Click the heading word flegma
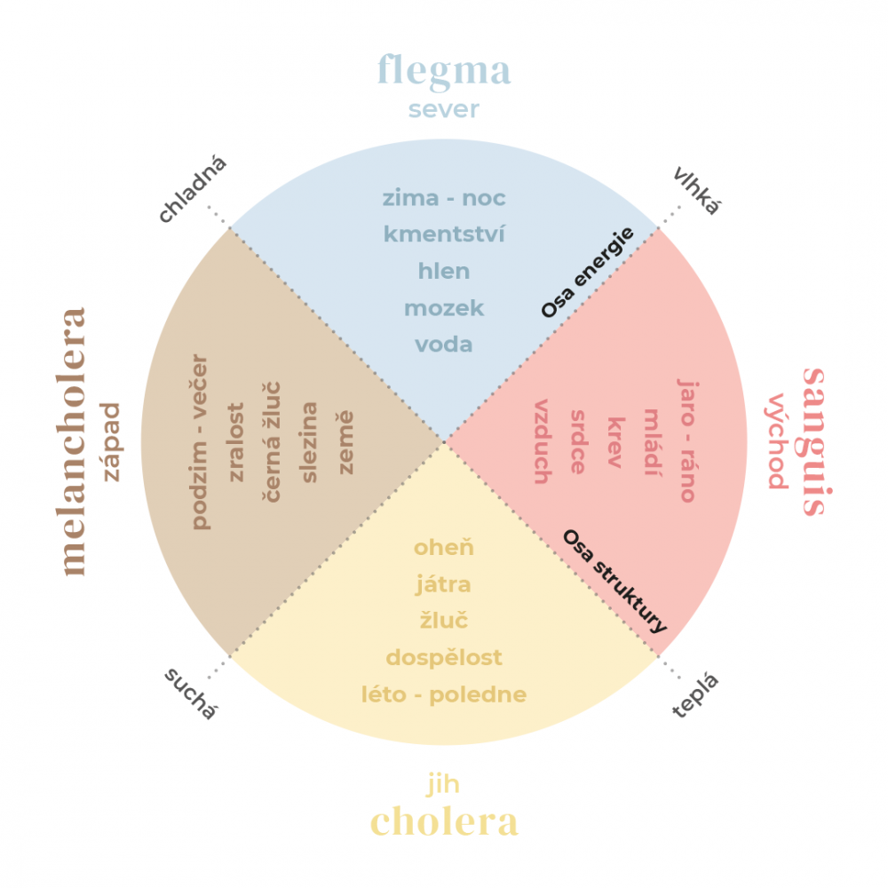coord(444,71)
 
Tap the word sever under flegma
coord(444,109)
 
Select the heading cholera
coord(444,821)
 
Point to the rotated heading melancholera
coord(75,441)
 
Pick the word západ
coord(111,441)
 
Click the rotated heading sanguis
coord(813,441)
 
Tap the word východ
coord(777,441)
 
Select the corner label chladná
coord(194,189)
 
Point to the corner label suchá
coord(191,694)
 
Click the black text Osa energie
coord(588,273)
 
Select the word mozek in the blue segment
coord(444,308)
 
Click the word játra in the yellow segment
coord(443,584)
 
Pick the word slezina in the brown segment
coord(310,442)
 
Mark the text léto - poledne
coord(443,694)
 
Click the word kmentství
coord(444,234)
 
